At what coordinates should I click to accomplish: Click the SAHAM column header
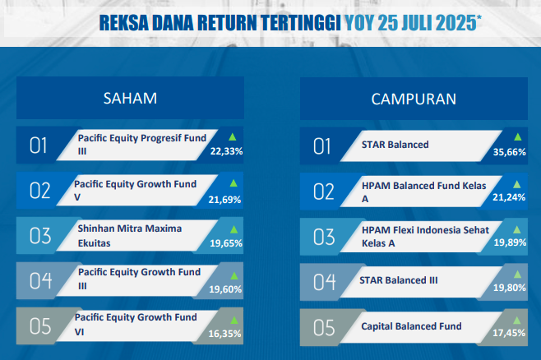130,99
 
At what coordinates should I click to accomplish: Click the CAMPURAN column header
414,99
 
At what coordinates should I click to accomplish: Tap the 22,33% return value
226,151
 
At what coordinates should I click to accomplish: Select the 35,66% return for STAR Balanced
509,152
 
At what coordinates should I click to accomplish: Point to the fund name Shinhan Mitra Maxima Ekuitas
129,236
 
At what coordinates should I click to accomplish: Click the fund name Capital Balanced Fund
411,326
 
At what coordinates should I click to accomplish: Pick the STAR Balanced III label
399,280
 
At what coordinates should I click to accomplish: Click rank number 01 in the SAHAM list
38,145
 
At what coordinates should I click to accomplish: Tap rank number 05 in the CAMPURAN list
324,327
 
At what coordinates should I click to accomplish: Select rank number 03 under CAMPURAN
324,237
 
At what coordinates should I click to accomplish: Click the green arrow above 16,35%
234,321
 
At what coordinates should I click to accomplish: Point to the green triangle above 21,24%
517,184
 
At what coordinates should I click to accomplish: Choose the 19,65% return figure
226,243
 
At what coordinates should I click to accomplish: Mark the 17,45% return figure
509,333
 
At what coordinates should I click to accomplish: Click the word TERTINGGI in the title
300,23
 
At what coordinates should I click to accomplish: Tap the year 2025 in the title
456,23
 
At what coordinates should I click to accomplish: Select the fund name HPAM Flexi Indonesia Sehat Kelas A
425,237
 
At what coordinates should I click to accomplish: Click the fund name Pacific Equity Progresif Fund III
141,145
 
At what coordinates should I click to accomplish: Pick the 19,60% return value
225,289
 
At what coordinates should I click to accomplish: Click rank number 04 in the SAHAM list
40,281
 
